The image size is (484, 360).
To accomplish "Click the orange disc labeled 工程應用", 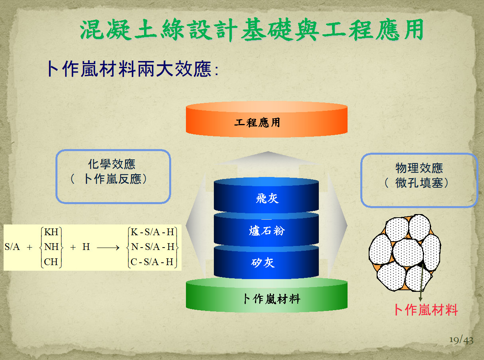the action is click(267, 119).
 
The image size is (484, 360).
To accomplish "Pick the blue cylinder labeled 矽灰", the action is click(266, 262).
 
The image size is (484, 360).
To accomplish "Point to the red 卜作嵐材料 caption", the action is click(426, 310).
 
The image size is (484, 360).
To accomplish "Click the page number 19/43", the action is click(461, 340).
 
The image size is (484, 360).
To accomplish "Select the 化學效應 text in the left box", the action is click(112, 164).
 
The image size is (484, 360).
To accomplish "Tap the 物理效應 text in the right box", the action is click(419, 168).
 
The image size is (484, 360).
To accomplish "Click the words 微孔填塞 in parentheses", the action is click(419, 183).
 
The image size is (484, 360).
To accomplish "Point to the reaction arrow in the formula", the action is click(108, 248).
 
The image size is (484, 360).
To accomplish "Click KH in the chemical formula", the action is click(51, 232).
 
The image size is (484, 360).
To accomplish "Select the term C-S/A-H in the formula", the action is click(152, 262).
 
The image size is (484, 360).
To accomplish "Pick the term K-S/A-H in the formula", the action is click(152, 232).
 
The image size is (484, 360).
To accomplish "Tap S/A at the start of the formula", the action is click(12, 247).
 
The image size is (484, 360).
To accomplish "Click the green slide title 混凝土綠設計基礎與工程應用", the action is click(252, 30).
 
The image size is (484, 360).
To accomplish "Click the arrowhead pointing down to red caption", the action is click(421, 299).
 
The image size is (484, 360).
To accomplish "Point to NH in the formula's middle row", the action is click(51, 247).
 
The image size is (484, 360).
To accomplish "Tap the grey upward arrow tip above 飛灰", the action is click(268, 152).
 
